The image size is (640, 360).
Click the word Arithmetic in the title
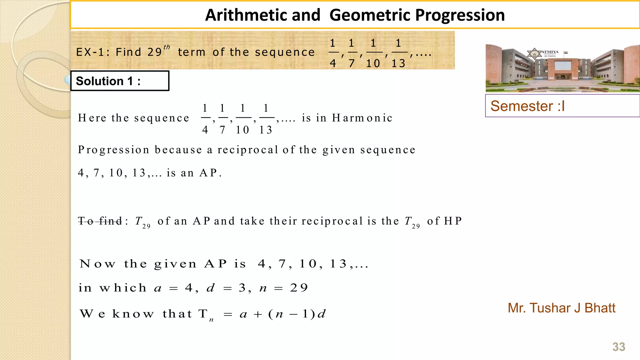click(x=262, y=15)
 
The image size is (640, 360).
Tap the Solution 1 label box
click(x=120, y=81)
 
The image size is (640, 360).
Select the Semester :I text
click(x=527, y=106)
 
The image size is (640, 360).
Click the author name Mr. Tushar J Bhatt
click(x=561, y=308)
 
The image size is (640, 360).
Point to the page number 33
click(x=618, y=347)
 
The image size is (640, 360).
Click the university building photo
click(x=562, y=68)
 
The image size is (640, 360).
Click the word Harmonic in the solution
click(x=362, y=118)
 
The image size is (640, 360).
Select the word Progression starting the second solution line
click(x=113, y=150)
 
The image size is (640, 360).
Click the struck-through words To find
click(x=100, y=221)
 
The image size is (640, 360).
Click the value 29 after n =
click(x=299, y=288)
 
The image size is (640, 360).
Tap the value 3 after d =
click(x=242, y=288)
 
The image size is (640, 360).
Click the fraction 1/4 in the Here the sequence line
click(x=205, y=119)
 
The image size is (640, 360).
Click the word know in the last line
click(x=133, y=314)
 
